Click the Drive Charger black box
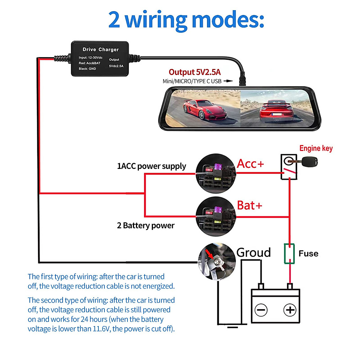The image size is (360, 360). pos(100,59)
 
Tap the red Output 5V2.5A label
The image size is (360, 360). pos(194,72)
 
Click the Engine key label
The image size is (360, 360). pos(316,148)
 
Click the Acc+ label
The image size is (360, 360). pos(250,164)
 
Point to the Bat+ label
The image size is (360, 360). pos(250,205)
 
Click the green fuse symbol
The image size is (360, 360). pos(289,254)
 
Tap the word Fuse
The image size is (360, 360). pos(308,253)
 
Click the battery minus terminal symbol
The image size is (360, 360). pos(261,310)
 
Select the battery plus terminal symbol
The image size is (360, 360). pos(290,310)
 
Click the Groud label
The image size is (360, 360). pos(253,253)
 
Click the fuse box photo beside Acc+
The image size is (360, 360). pos(215,174)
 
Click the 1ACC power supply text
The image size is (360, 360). pos(151,166)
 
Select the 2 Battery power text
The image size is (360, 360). pos(145,226)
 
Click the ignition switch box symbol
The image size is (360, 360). pos(289,167)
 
